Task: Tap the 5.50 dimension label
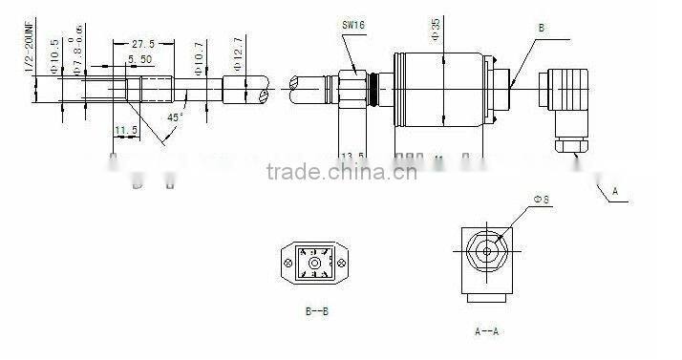pos(140,59)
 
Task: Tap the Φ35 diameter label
pos(435,32)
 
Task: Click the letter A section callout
pos(615,192)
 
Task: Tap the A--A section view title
pos(488,331)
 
